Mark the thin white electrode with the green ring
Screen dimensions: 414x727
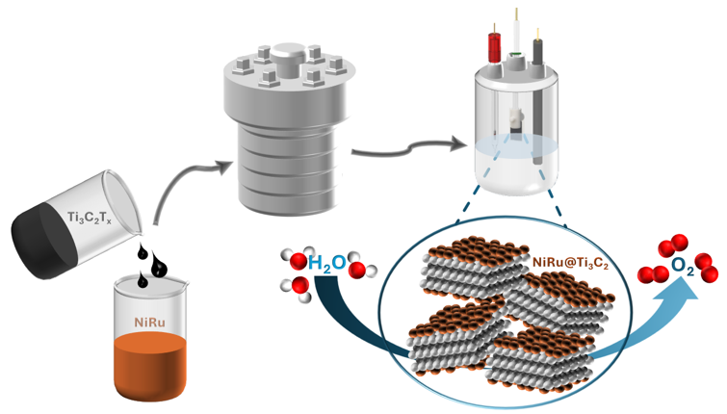pos(518,39)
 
